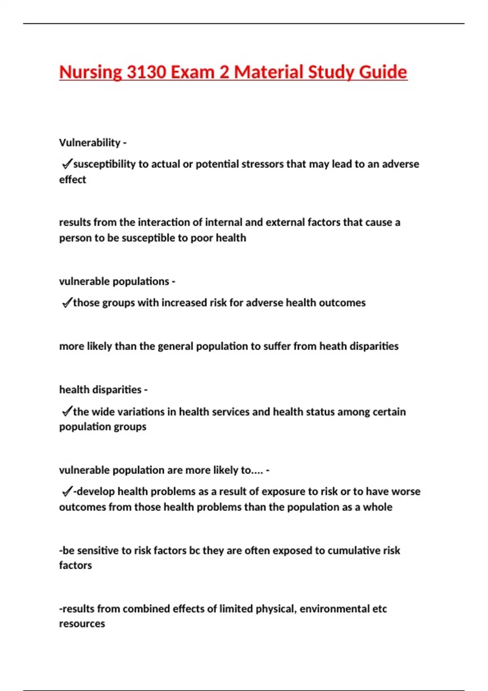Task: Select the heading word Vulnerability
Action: point(89,143)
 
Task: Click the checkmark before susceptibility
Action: point(66,164)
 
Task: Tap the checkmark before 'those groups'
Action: point(66,303)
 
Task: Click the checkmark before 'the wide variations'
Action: point(66,411)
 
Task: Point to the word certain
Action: point(388,412)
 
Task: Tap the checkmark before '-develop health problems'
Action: point(66,491)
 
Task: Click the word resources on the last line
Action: point(82,624)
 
